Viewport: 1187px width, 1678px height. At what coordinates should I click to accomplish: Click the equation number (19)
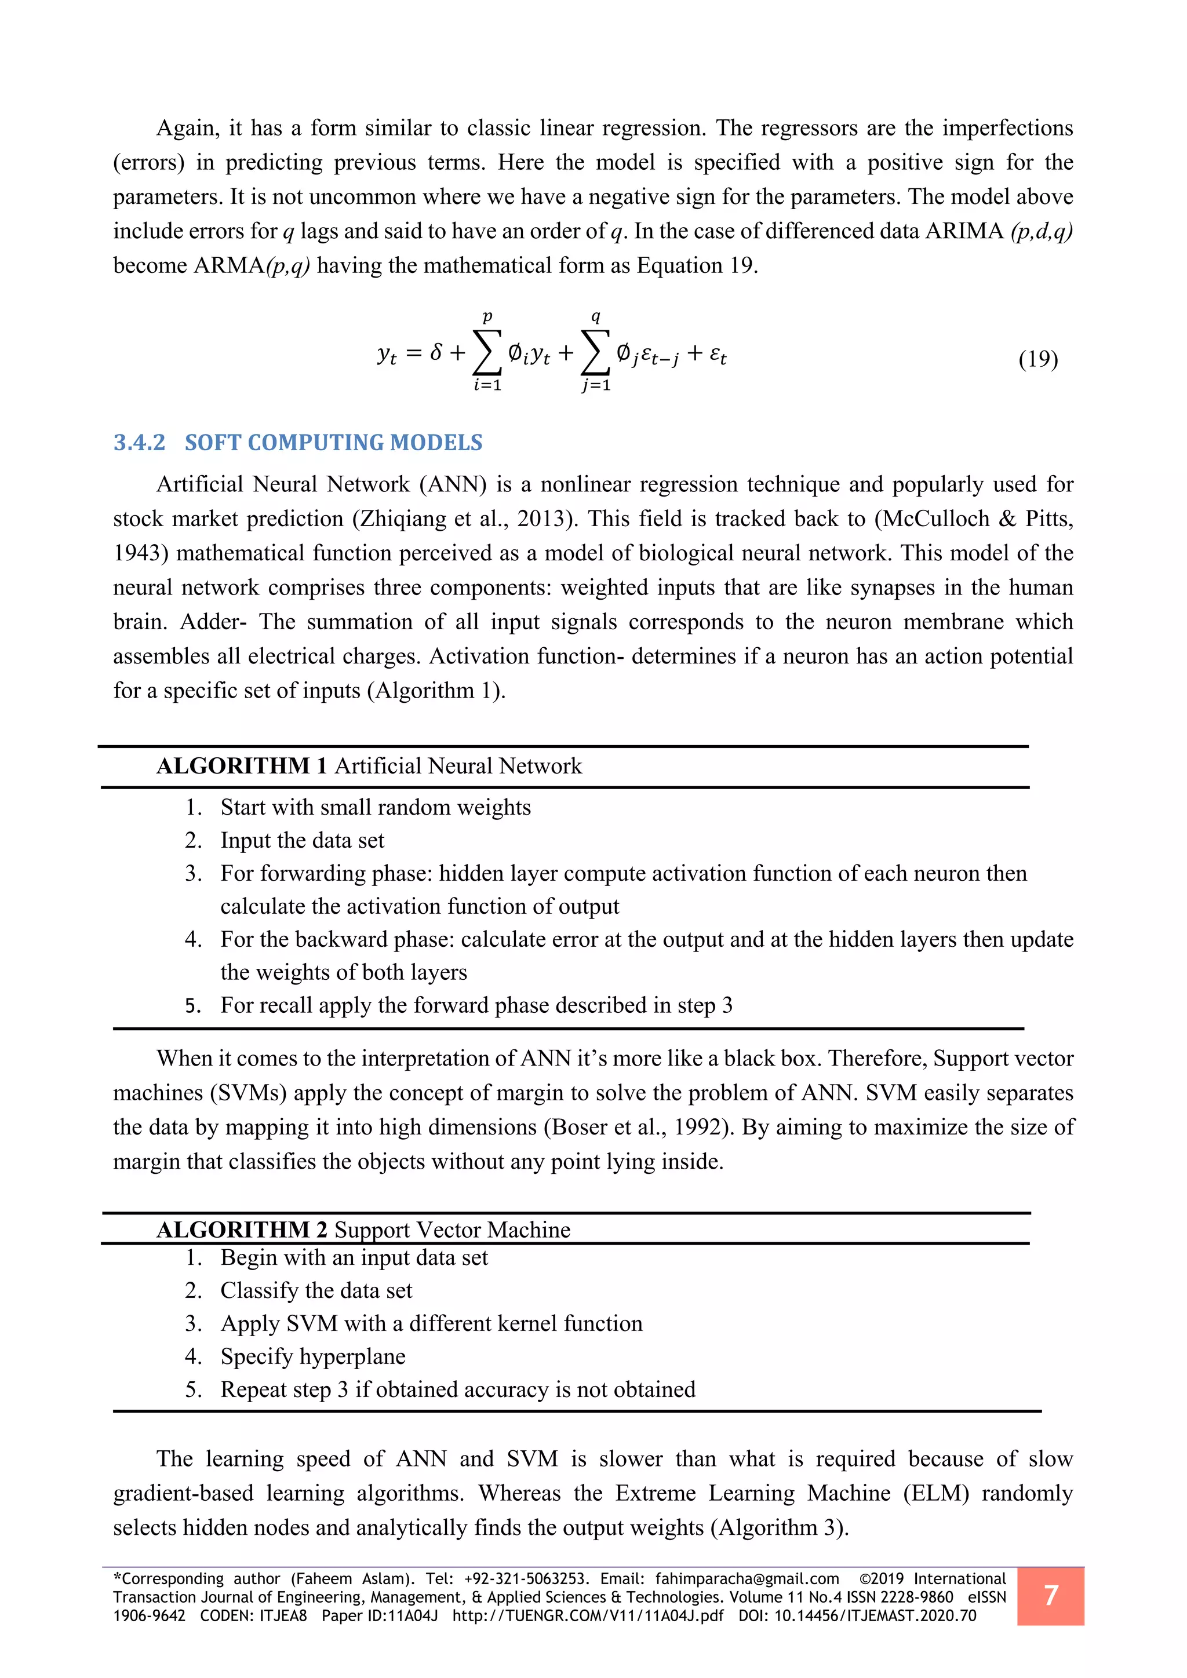pyautogui.click(x=1038, y=359)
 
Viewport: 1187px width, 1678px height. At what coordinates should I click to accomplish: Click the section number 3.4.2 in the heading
pyautogui.click(x=139, y=442)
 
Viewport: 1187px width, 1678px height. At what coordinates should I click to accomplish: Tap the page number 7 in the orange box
pyautogui.click(x=1050, y=1595)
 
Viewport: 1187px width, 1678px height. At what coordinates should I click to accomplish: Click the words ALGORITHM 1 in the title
pyautogui.click(x=241, y=766)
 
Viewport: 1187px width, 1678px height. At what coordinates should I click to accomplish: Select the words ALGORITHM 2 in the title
pyautogui.click(x=241, y=1230)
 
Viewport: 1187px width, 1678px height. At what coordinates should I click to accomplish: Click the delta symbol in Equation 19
pyautogui.click(x=436, y=353)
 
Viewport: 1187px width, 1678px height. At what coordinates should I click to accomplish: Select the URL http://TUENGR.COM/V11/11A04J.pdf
pyautogui.click(x=588, y=1615)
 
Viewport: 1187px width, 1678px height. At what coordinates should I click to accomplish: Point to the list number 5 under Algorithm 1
pyautogui.click(x=192, y=1006)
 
